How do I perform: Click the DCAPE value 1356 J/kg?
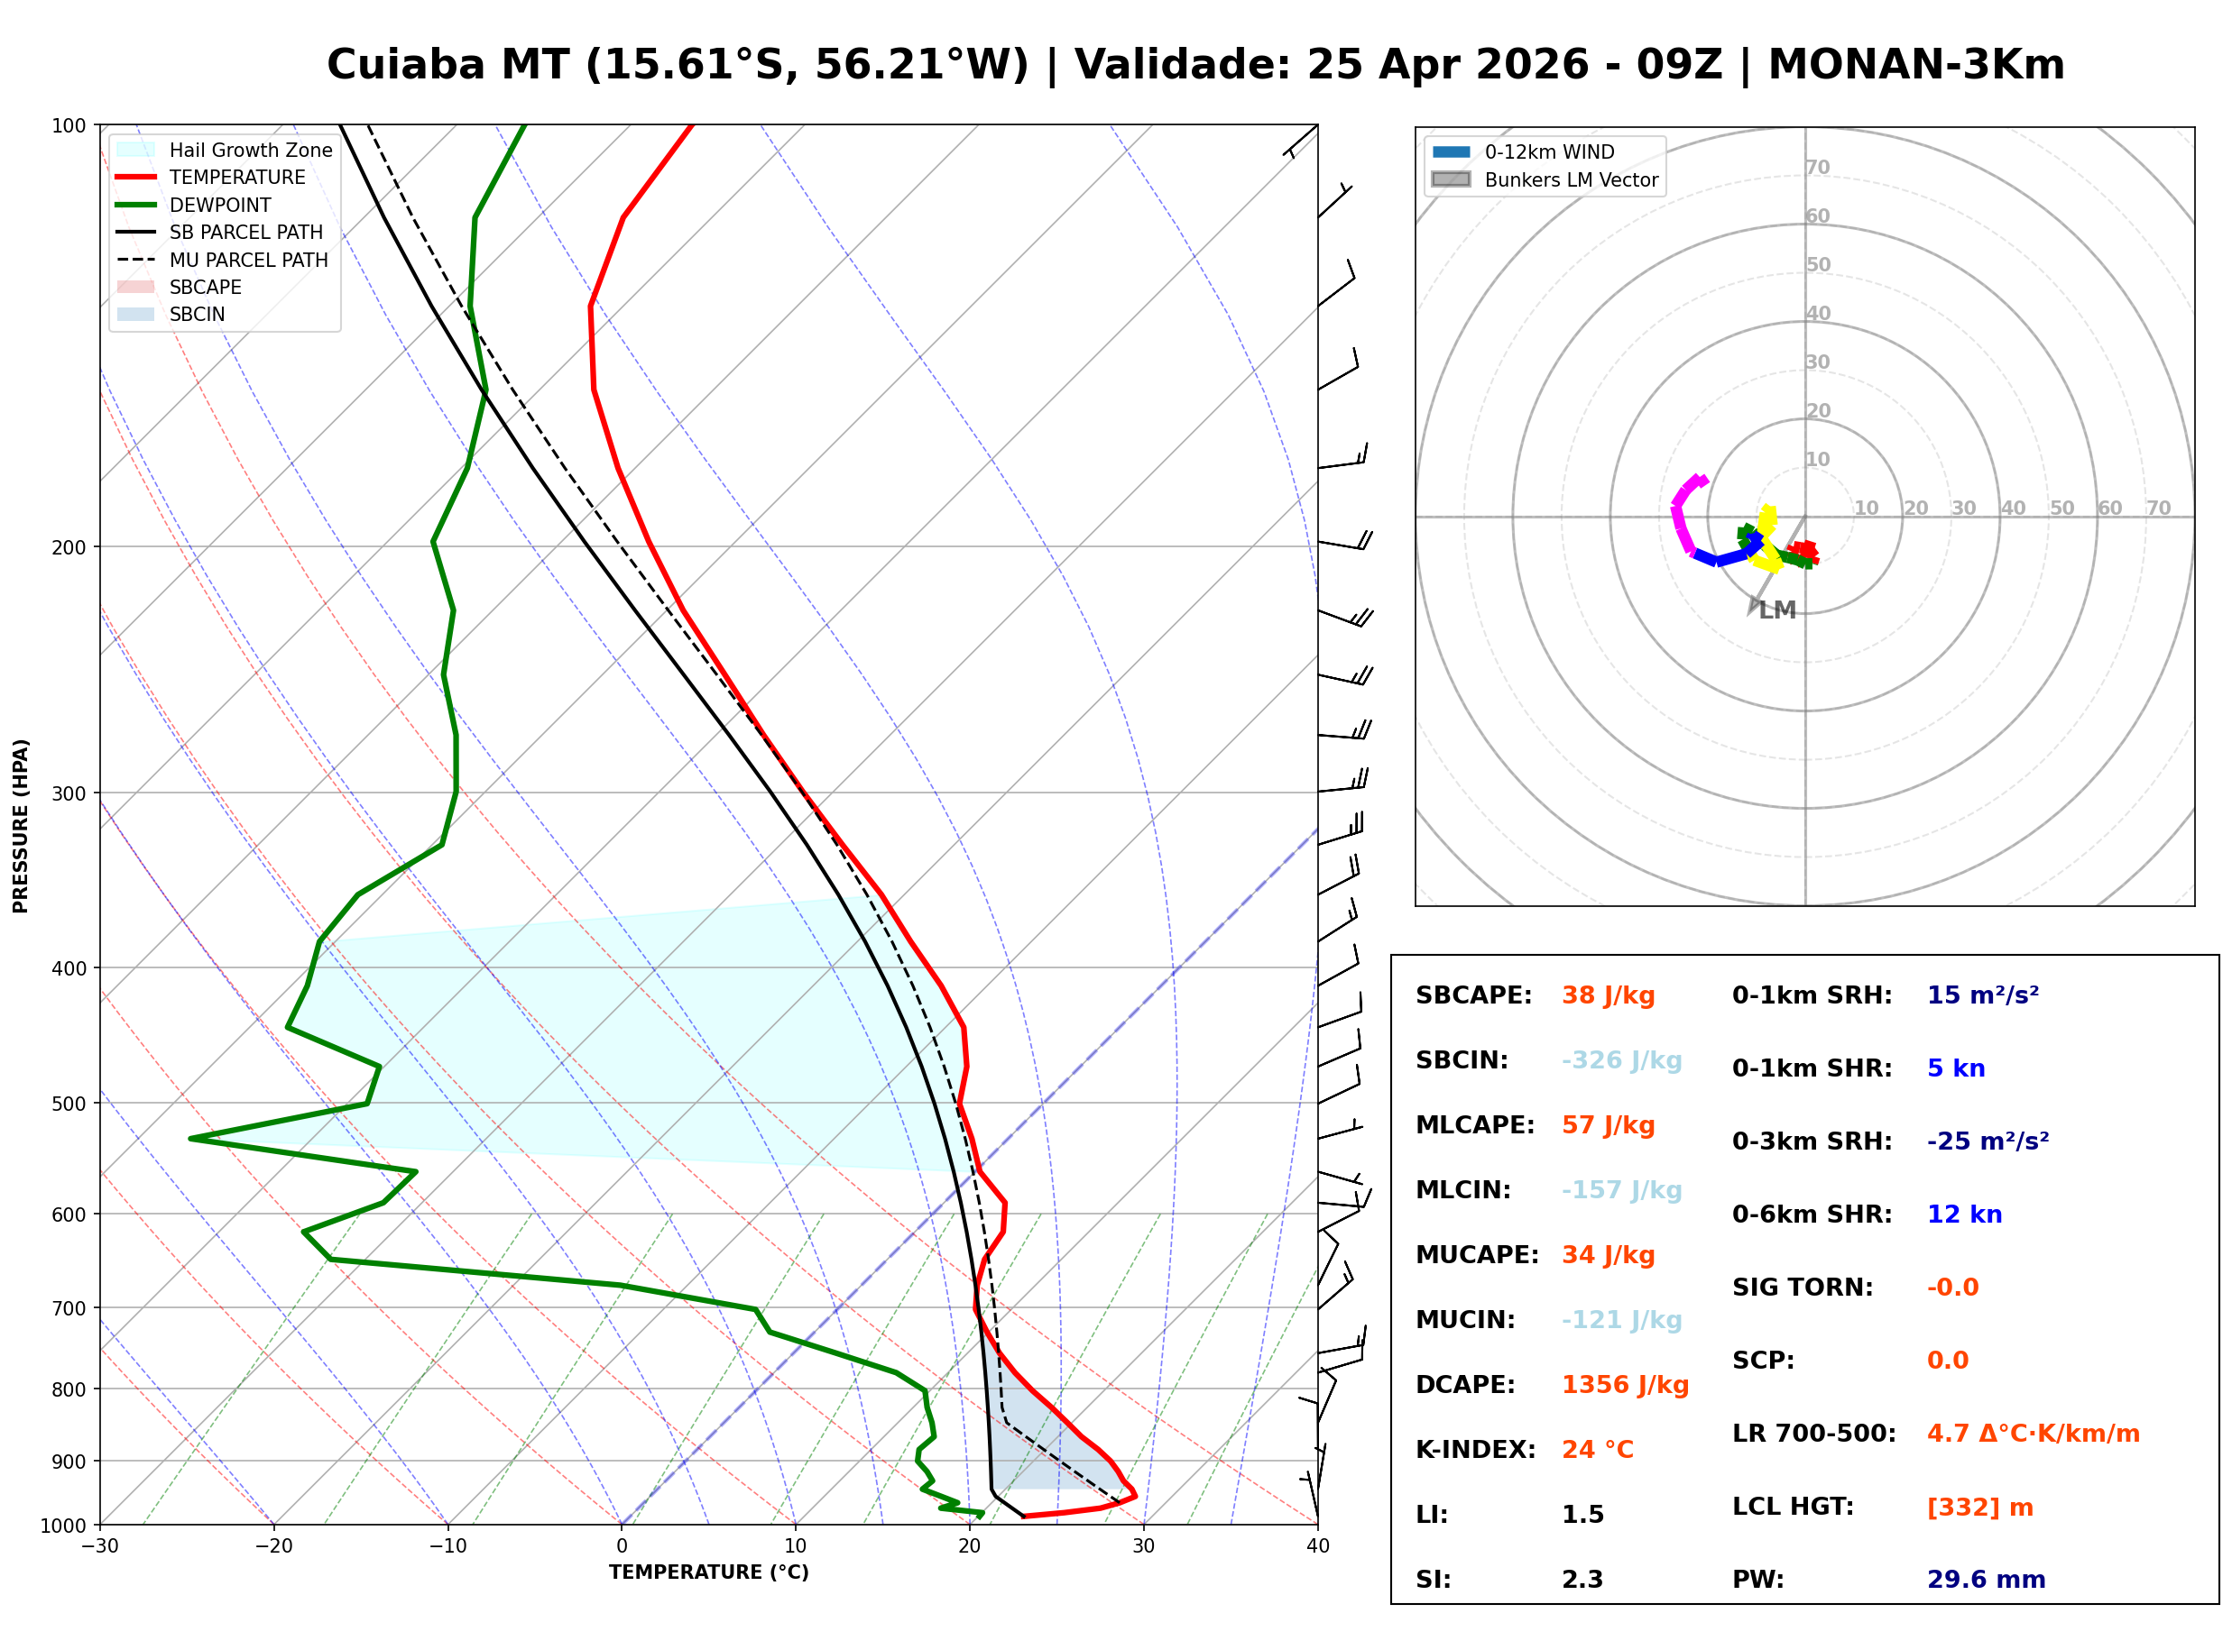pos(1625,1385)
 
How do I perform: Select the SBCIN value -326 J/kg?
pos(1621,1060)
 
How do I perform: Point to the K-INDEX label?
pos(1475,1450)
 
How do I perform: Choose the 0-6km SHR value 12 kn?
pos(1964,1215)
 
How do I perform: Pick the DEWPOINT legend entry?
pos(220,206)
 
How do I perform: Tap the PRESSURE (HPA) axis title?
pos(21,826)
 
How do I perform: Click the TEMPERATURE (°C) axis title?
pos(708,1573)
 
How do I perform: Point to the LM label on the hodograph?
pos(1777,611)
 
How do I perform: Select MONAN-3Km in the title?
pos(1915,65)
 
